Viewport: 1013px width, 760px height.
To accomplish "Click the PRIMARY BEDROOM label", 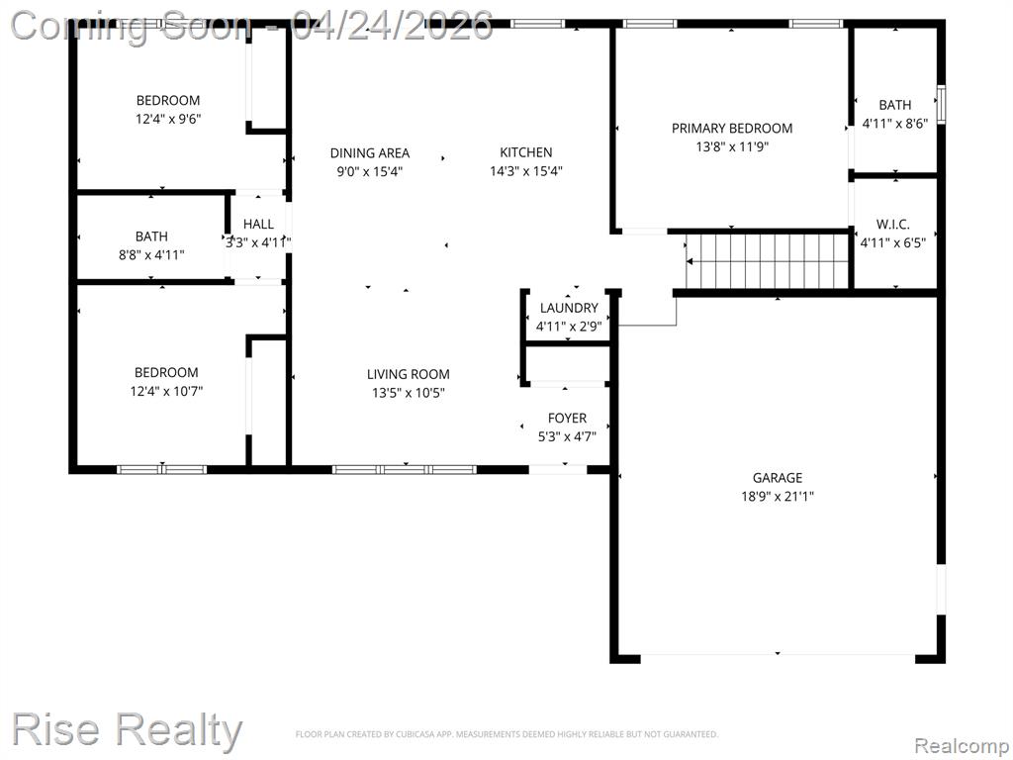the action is [732, 128].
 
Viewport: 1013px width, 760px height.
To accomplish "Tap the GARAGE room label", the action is [778, 478].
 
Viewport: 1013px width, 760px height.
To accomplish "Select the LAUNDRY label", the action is [569, 308].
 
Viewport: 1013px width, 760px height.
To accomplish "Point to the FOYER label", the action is [567, 419].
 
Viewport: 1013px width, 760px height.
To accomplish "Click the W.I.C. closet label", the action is [893, 225].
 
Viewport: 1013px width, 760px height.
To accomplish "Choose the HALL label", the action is [258, 224].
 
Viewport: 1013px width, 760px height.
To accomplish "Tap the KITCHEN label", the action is [526, 151].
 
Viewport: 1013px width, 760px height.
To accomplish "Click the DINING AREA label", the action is [370, 152].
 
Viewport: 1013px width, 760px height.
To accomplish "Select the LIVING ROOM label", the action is [409, 373].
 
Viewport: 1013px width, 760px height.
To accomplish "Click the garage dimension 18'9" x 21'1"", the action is [778, 497].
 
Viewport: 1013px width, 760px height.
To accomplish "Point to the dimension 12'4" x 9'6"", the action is [168, 119].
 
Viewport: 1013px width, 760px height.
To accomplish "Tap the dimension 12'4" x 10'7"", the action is [166, 391].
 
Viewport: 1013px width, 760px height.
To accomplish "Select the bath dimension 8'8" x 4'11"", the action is [151, 254].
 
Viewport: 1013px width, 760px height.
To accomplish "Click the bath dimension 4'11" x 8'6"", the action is [895, 123].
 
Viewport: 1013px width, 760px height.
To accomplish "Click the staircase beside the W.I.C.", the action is [768, 261].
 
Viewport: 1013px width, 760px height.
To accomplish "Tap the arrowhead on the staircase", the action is [690, 261].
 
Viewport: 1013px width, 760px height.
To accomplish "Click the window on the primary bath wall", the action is [942, 104].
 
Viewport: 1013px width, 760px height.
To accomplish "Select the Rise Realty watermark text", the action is [127, 729].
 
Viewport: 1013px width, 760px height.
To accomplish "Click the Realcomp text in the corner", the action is [962, 746].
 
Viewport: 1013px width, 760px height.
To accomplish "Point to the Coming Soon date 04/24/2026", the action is [392, 26].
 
